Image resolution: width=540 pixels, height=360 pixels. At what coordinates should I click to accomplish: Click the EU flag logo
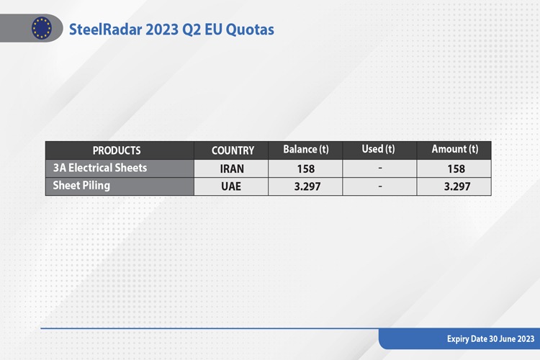coord(42,28)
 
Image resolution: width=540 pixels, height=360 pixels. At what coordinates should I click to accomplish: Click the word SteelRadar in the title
coord(105,30)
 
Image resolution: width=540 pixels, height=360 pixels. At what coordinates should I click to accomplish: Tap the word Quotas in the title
coord(250,30)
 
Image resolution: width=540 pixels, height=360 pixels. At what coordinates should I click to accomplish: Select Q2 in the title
coord(192,30)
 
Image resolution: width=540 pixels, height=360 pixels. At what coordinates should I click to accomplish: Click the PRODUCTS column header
coord(117,150)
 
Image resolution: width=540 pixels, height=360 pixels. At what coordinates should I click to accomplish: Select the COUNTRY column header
coord(233,150)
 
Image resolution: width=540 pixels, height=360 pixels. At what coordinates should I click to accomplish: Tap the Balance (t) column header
coord(306,150)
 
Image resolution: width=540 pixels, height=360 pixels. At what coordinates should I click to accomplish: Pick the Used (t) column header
coord(378,149)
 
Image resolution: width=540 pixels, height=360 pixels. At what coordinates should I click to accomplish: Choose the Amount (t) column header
coord(455,149)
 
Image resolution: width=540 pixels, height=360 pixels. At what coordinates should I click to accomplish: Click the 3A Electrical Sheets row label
coord(100,168)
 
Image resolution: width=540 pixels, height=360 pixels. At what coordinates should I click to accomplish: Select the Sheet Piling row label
coord(81,186)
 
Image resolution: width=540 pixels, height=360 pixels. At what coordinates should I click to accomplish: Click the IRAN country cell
coord(232,168)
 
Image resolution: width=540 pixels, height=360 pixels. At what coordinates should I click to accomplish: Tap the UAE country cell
coord(231,186)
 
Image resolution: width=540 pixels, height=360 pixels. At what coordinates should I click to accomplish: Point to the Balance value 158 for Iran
coord(306,168)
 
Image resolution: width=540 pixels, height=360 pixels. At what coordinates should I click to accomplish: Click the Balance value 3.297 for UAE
coord(307,186)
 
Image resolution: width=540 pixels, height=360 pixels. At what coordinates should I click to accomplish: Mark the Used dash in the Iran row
coord(380,168)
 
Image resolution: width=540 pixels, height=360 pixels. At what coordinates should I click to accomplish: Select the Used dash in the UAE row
coord(380,186)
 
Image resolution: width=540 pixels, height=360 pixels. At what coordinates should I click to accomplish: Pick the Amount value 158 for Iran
coord(456,168)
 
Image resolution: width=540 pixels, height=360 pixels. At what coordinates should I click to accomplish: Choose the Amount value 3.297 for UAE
coord(457,186)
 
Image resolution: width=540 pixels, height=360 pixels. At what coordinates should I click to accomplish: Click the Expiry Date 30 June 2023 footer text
coord(490,339)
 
